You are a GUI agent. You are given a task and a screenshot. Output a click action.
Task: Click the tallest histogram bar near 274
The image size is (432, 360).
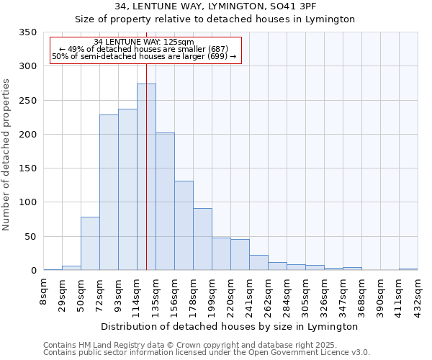[x=146, y=177]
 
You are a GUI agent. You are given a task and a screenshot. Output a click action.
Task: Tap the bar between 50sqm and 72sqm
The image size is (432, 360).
[x=90, y=243]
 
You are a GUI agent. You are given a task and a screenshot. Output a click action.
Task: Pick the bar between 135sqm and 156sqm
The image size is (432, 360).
[x=165, y=202]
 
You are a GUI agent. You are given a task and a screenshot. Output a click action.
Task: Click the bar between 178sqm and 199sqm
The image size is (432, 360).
[x=202, y=239]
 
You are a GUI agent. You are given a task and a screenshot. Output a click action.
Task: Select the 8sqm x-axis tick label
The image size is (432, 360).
[x=44, y=292]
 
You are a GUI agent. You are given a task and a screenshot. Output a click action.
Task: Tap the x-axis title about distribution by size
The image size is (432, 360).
[x=230, y=326]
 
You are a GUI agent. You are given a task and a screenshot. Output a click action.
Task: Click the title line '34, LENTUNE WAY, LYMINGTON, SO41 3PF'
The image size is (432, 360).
[x=215, y=6]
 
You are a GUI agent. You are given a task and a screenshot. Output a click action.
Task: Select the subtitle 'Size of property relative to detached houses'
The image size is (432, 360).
[x=215, y=19]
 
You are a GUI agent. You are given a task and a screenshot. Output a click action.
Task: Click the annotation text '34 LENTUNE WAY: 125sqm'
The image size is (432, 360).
[x=144, y=42]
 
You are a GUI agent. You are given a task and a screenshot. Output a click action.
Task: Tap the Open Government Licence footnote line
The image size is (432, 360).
[x=207, y=352]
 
